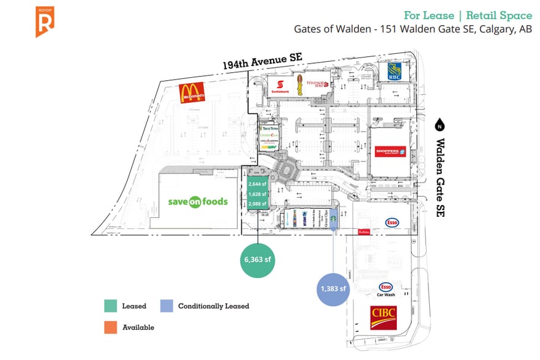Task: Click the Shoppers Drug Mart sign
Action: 390,151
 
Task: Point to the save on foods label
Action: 198,201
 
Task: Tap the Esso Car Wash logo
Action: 386,289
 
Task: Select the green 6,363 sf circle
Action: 257,260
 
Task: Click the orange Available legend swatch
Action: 111,328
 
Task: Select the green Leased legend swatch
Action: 111,306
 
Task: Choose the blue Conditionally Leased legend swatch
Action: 166,306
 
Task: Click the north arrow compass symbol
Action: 439,126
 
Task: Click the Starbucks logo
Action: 334,217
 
